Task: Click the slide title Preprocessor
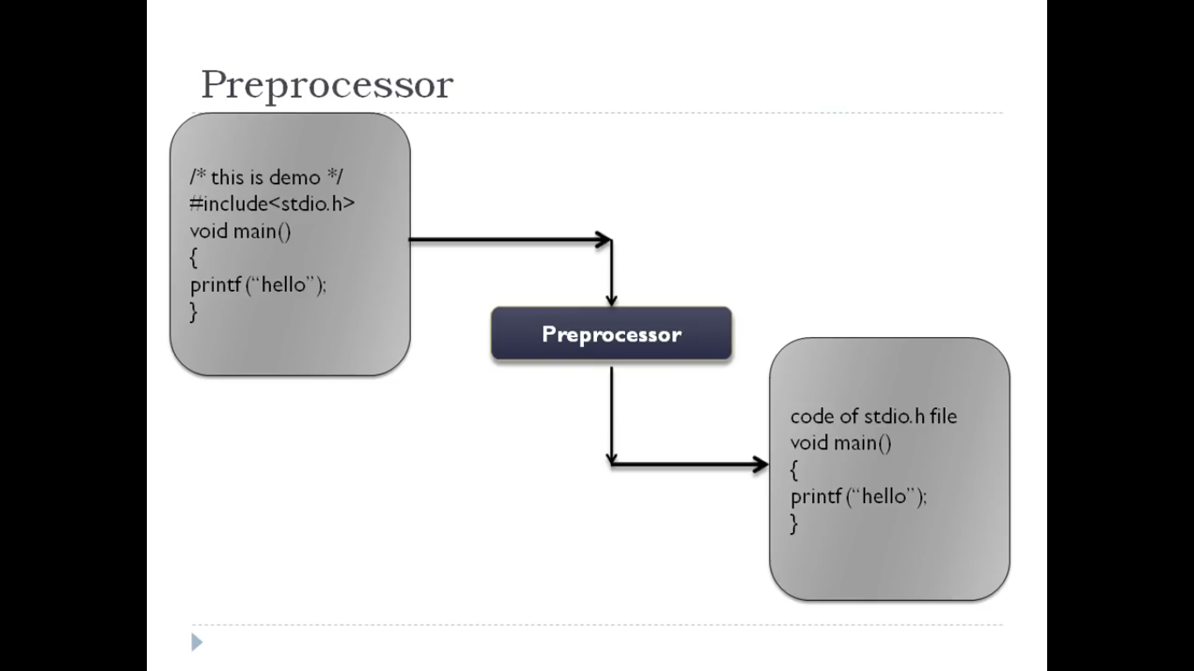click(x=327, y=86)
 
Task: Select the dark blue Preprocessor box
click(x=611, y=334)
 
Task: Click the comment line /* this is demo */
click(x=266, y=177)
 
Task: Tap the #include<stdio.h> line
click(x=273, y=204)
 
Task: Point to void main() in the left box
click(x=240, y=231)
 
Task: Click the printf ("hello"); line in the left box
click(x=258, y=285)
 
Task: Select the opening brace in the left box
click(x=193, y=258)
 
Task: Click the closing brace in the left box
click(x=193, y=311)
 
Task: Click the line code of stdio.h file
click(x=873, y=416)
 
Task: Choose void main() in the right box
click(x=841, y=443)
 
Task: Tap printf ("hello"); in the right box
click(x=858, y=496)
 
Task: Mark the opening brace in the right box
click(x=794, y=470)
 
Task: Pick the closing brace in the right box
click(x=794, y=523)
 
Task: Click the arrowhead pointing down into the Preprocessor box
click(x=611, y=300)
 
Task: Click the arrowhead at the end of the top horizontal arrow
click(x=603, y=239)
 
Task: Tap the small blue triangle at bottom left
click(x=197, y=643)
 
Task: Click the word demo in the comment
click(x=295, y=177)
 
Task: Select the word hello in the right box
click(x=885, y=496)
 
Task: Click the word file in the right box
click(x=943, y=416)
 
